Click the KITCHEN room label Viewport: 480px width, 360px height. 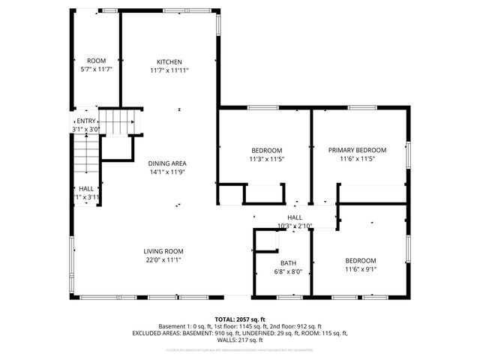point(169,61)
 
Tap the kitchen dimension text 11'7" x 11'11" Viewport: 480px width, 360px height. point(169,70)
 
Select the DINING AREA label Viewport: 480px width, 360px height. point(166,163)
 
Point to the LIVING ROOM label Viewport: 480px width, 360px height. point(163,251)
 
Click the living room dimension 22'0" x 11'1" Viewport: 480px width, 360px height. point(163,260)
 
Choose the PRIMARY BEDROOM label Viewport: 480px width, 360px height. point(357,150)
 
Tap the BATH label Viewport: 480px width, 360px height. point(288,263)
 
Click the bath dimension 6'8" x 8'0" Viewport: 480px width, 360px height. point(288,272)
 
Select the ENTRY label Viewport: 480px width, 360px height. point(86,121)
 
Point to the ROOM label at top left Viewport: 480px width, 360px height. point(96,61)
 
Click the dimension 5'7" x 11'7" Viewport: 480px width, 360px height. point(96,70)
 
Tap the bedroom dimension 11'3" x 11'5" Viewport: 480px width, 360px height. point(266,159)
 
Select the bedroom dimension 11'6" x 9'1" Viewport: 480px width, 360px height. point(361,269)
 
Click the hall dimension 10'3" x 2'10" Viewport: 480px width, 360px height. point(294,226)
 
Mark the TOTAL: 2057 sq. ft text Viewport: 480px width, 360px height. point(240,319)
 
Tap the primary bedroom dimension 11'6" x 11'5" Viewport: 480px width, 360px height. point(357,159)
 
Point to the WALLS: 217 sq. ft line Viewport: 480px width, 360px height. point(240,340)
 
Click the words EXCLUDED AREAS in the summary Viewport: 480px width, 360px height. point(159,333)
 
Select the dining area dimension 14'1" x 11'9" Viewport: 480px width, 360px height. point(166,172)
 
